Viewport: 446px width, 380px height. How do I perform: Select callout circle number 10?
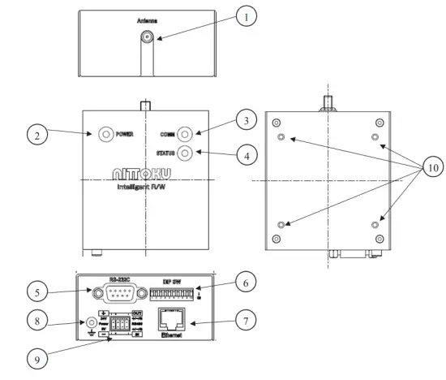coord(431,168)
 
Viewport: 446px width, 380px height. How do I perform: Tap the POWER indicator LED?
coord(105,134)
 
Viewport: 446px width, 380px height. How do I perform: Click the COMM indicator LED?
coord(186,134)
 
